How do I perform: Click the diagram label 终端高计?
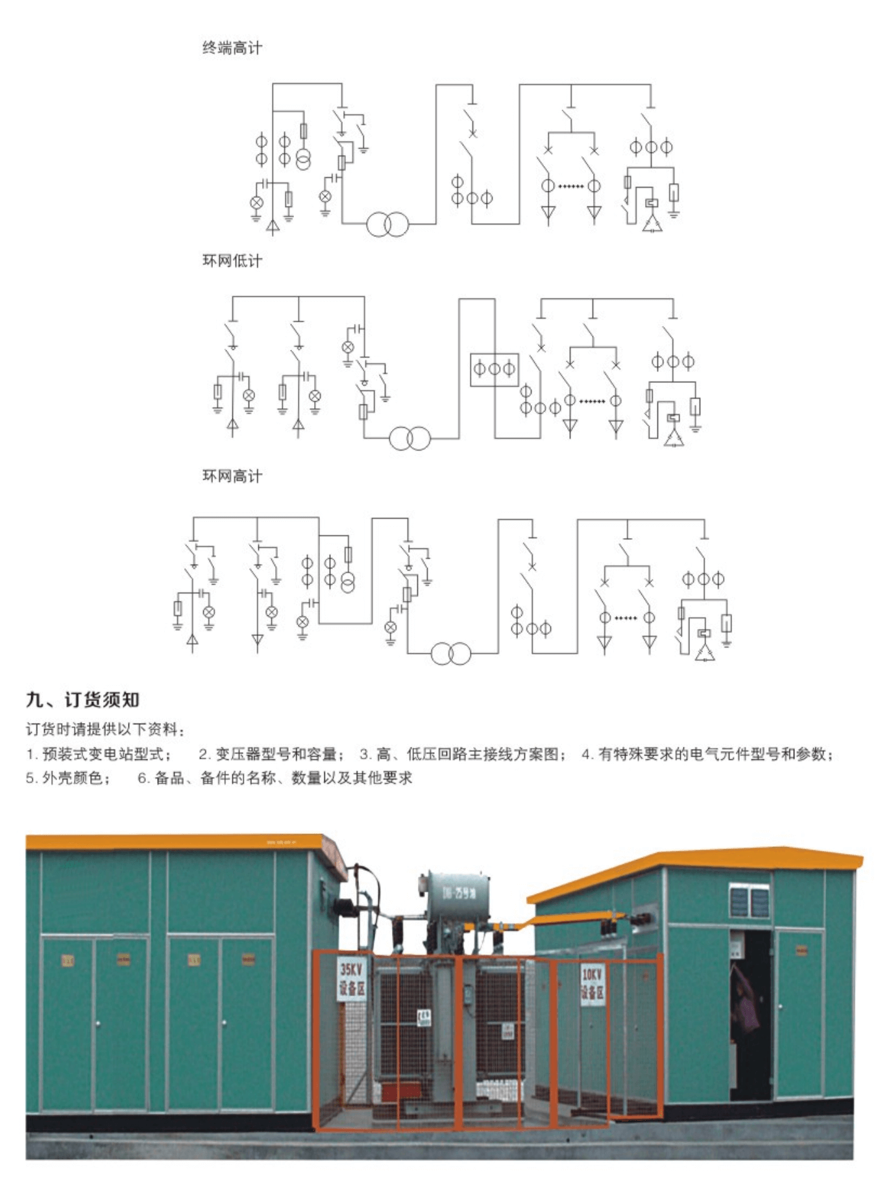[x=232, y=47]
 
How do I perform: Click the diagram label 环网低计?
[x=232, y=261]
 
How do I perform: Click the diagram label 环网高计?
[x=232, y=476]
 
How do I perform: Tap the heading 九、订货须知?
[x=82, y=700]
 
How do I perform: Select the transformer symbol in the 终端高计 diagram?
[x=387, y=225]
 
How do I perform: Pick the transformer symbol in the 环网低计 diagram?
[x=410, y=439]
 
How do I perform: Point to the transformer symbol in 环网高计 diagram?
[x=451, y=654]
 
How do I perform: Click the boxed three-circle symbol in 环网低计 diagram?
[x=495, y=369]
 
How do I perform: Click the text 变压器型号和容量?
[x=276, y=754]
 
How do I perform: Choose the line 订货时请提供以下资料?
[x=104, y=729]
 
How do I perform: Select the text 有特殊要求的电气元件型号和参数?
[x=713, y=754]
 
